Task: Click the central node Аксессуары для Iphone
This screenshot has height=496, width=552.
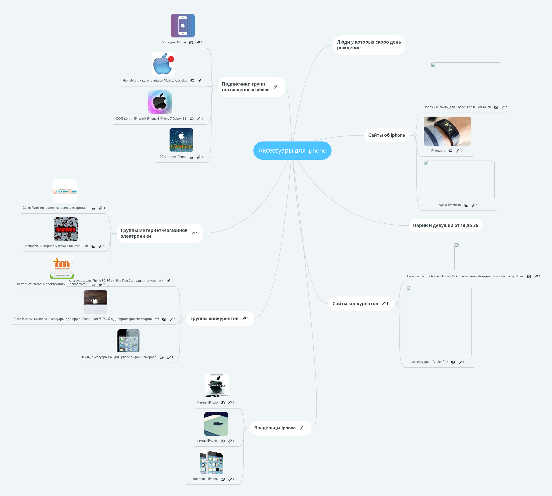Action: [292, 150]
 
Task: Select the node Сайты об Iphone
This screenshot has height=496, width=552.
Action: [386, 135]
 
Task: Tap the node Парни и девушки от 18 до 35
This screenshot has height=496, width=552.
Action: [445, 225]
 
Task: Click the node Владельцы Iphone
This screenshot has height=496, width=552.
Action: [274, 428]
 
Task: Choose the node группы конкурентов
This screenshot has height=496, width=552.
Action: [214, 319]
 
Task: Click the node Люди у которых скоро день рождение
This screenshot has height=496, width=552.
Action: [368, 45]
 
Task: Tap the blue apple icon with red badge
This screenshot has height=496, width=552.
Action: [163, 64]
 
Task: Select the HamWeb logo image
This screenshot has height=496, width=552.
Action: [66, 229]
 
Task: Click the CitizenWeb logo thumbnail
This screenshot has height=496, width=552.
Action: [65, 191]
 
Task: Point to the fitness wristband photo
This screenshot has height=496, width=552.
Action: [447, 131]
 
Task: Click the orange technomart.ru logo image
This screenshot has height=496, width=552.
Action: [62, 267]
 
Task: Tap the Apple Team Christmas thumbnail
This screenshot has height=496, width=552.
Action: [181, 140]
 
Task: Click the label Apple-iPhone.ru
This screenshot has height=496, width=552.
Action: [450, 205]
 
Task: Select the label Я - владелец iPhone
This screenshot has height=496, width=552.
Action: [203, 479]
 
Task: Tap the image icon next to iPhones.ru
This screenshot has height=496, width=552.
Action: [450, 151]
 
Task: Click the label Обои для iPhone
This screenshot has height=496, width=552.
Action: [174, 42]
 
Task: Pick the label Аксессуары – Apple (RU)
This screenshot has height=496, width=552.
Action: [430, 362]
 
